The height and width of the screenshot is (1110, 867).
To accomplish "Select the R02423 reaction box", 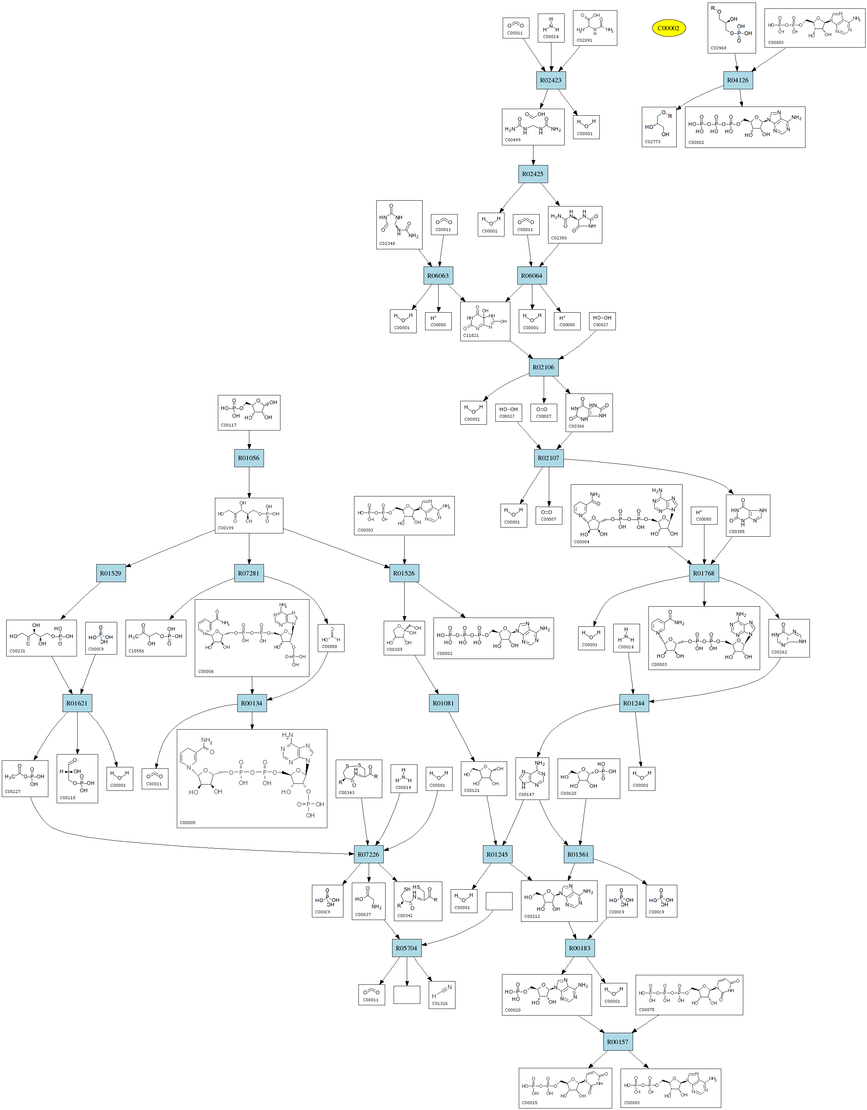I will click(x=551, y=80).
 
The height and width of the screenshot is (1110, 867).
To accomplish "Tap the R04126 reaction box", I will click(x=737, y=80).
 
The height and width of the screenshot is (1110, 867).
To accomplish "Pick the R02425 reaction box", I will click(x=533, y=174).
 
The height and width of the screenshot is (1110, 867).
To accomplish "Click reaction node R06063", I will click(x=438, y=275).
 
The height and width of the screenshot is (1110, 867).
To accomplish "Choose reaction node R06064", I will click(x=532, y=275).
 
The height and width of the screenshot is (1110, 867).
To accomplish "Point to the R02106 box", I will click(x=543, y=367).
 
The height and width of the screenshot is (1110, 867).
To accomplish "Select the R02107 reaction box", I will click(x=548, y=458).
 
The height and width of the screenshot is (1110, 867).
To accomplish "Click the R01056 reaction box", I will click(x=249, y=458).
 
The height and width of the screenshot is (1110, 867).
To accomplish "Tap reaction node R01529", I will click(x=111, y=573).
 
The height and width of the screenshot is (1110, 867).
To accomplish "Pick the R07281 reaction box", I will click(x=249, y=573).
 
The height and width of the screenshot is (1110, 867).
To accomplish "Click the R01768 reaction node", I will click(x=704, y=573).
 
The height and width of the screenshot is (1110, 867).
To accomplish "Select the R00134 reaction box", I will click(x=252, y=703).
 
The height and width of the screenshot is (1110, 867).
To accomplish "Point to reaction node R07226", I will click(x=368, y=854).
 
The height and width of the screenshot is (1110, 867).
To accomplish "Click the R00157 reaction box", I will click(x=618, y=1042).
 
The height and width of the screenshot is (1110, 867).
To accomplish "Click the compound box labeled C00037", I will click(x=368, y=901).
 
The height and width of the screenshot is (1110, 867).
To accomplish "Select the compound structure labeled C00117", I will click(x=249, y=413).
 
